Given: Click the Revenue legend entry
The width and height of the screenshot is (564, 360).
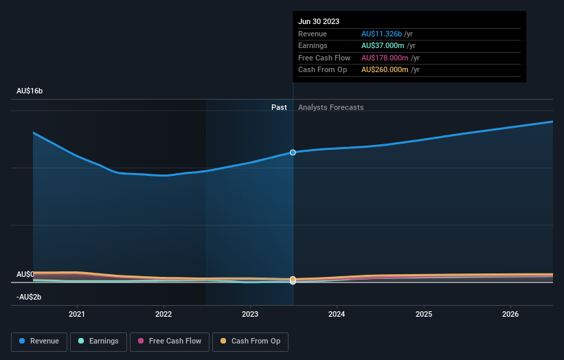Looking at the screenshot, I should pyautogui.click(x=39, y=341).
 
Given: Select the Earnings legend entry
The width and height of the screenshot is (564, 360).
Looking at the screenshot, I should pyautogui.click(x=98, y=341).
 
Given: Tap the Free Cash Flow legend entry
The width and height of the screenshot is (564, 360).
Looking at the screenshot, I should pyautogui.click(x=168, y=341).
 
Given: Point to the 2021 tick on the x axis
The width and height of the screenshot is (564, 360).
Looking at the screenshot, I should pyautogui.click(x=77, y=314).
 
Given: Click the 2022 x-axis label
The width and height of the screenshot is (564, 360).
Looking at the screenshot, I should pyautogui.click(x=163, y=314).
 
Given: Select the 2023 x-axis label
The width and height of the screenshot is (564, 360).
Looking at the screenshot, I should pyautogui.click(x=250, y=314).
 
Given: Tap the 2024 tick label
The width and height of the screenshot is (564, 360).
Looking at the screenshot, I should pyautogui.click(x=337, y=314).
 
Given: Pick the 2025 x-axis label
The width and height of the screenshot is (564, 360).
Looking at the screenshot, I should pyautogui.click(x=424, y=314).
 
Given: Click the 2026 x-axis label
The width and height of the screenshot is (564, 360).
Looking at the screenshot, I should pyautogui.click(x=510, y=314).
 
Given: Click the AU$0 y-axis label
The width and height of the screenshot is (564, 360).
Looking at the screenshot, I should pyautogui.click(x=25, y=274).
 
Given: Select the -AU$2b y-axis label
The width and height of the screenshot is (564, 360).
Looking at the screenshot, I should pyautogui.click(x=30, y=297).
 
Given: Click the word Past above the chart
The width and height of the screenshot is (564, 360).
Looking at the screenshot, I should pyautogui.click(x=279, y=107).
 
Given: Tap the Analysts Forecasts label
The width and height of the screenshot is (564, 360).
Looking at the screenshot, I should pyautogui.click(x=330, y=107).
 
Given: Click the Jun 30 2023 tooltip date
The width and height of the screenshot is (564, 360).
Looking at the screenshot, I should pyautogui.click(x=319, y=22).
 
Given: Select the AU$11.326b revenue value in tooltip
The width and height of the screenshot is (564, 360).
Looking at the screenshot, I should pyautogui.click(x=384, y=34).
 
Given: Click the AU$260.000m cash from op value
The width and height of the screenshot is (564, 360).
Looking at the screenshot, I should pyautogui.click(x=385, y=70).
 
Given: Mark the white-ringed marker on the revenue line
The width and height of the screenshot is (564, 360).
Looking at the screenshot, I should pyautogui.click(x=293, y=153).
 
